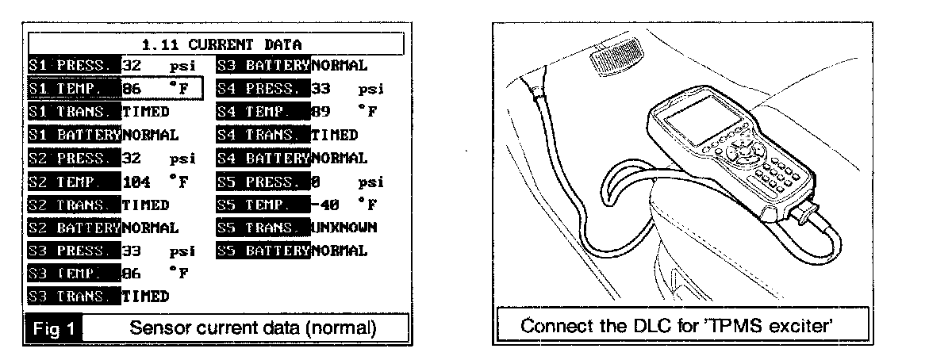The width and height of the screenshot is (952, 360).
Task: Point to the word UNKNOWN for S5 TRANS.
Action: [x=344, y=228]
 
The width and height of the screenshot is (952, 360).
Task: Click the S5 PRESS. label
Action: [x=262, y=182]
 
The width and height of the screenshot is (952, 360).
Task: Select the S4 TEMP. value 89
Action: [x=321, y=112]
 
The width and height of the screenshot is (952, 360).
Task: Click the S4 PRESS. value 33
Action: [x=321, y=88]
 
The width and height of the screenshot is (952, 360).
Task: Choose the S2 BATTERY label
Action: [x=73, y=228]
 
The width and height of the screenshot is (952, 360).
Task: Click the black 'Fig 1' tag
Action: [x=54, y=327]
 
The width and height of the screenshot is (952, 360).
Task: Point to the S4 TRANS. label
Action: [x=262, y=135]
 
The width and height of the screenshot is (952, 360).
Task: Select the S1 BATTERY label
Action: [x=73, y=135]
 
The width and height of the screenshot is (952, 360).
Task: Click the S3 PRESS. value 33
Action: [x=131, y=251]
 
